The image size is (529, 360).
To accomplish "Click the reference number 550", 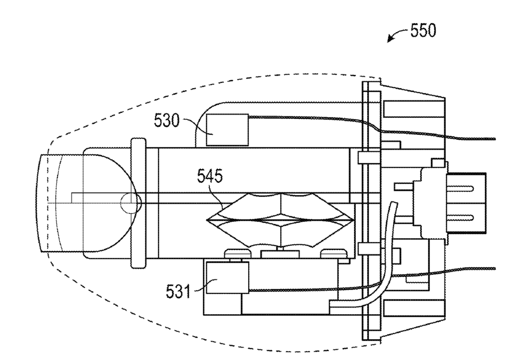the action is click(x=423, y=30).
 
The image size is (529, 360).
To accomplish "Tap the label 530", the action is click(x=166, y=120).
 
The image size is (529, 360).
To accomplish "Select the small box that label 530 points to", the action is click(x=227, y=130).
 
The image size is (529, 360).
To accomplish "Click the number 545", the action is click(x=210, y=176).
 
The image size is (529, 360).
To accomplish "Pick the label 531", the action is click(x=178, y=292).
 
